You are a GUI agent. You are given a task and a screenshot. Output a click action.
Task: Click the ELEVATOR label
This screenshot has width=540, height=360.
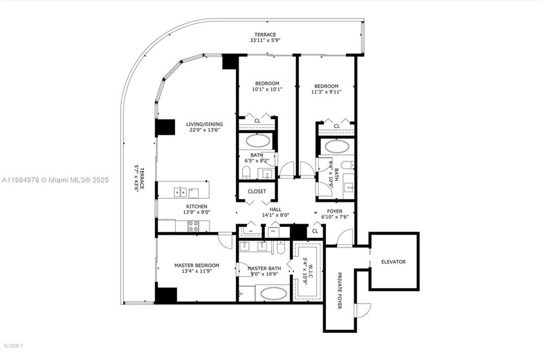click(x=393, y=262)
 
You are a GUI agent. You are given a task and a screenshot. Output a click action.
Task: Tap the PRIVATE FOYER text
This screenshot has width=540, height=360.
click(x=339, y=291)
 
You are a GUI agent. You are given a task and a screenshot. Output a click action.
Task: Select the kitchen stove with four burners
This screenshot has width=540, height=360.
click(x=193, y=224)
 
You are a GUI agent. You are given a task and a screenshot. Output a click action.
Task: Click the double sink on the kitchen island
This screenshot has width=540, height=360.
click(x=181, y=192)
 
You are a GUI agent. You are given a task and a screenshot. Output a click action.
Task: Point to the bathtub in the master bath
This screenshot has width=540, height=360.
click(x=273, y=294)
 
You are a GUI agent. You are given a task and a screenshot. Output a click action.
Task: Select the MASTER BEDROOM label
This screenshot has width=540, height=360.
click(x=197, y=265)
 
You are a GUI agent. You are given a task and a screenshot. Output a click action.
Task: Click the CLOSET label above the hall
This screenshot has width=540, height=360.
click(x=256, y=191)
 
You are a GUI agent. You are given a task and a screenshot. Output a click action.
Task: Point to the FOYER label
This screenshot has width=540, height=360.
click(x=335, y=210)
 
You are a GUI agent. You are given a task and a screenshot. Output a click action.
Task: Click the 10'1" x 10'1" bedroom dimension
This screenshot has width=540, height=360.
click(x=266, y=90)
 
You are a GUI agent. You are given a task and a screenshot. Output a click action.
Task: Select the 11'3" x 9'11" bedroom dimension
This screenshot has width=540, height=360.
click(x=326, y=91)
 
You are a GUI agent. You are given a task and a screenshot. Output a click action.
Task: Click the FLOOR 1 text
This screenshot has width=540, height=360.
click(x=12, y=346)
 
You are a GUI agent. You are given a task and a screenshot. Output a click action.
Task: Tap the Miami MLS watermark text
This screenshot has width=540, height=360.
click(x=54, y=180)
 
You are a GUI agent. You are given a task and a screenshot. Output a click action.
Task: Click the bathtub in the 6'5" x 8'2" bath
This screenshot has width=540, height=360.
click(x=257, y=140)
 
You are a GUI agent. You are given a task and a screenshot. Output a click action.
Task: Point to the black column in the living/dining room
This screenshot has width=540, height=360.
click(x=165, y=127)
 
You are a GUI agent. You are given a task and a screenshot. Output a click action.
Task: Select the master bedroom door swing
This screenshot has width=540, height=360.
click(x=224, y=241)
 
